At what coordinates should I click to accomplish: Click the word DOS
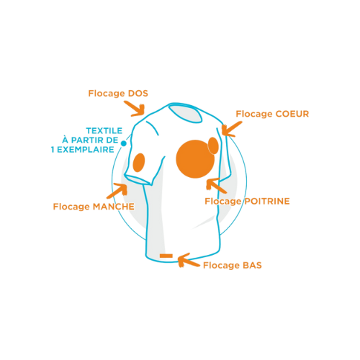(138, 94)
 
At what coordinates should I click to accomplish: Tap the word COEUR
(292, 114)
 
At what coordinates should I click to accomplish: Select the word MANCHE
(114, 207)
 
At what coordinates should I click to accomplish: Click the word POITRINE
(267, 201)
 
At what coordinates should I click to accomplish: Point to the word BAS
(252, 265)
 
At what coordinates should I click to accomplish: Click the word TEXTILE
(104, 131)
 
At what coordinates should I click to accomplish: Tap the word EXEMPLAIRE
(86, 150)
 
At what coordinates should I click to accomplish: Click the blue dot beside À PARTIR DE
(124, 143)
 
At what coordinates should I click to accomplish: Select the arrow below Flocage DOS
(135, 109)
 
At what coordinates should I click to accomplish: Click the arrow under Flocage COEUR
(231, 130)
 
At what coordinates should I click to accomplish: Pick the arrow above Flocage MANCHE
(117, 191)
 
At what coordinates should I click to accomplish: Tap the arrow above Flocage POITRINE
(216, 186)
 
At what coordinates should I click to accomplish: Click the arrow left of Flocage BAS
(189, 261)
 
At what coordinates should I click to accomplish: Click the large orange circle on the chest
(195, 159)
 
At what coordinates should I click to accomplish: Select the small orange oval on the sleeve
(139, 163)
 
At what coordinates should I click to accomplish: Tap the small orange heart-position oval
(213, 145)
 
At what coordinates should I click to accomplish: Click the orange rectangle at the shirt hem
(166, 256)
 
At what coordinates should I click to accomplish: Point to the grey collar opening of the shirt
(185, 113)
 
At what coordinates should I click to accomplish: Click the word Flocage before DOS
(107, 94)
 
